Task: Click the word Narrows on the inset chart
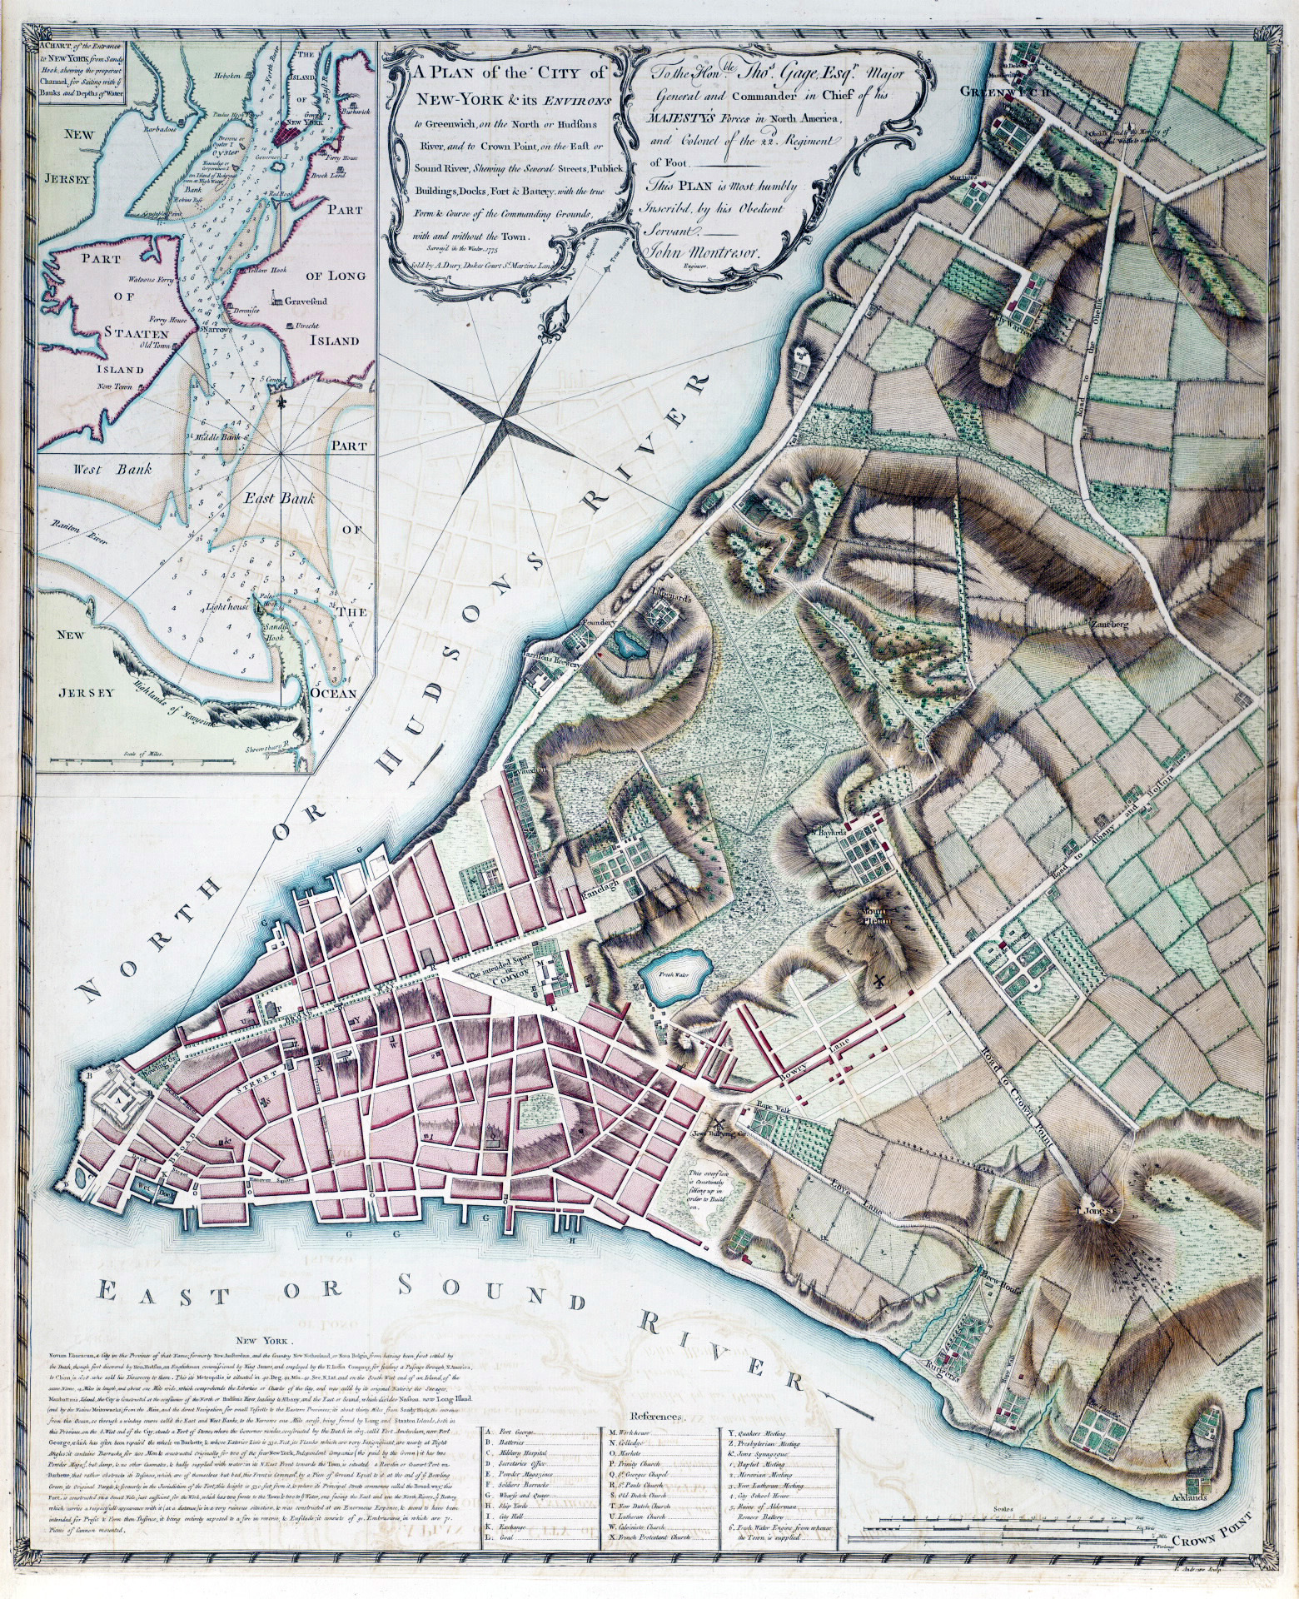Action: click(x=214, y=331)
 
